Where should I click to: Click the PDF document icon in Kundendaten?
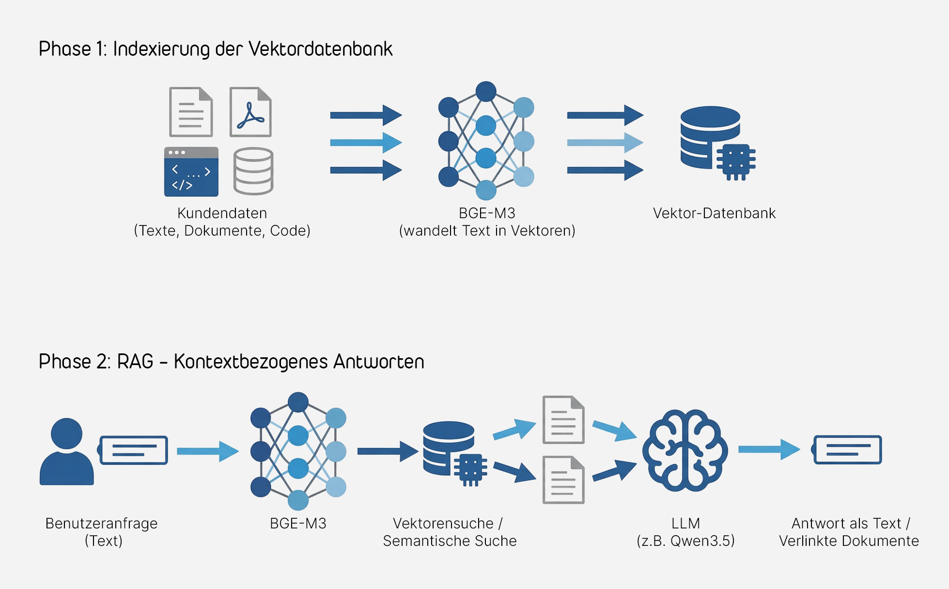pyautogui.click(x=250, y=112)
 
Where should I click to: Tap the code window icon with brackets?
pyautogui.click(x=191, y=172)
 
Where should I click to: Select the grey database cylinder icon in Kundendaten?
pyautogui.click(x=253, y=171)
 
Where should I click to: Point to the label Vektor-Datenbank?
pyautogui.click(x=714, y=213)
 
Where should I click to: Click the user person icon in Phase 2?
pyautogui.click(x=67, y=452)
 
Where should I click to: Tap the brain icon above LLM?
pyautogui.click(x=685, y=450)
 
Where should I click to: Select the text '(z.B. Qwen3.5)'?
pyautogui.click(x=685, y=541)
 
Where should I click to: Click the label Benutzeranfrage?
pyautogui.click(x=101, y=524)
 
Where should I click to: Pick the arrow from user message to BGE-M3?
pyautogui.click(x=207, y=451)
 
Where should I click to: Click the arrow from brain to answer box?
pyautogui.click(x=768, y=449)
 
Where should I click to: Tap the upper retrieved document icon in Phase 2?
pyautogui.click(x=563, y=420)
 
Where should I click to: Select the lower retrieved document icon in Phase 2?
pyautogui.click(x=563, y=480)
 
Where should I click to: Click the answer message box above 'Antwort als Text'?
pyautogui.click(x=847, y=449)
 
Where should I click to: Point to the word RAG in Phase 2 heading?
pyautogui.click(x=135, y=362)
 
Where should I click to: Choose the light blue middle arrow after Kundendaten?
pyautogui.click(x=365, y=143)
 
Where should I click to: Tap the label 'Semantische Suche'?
pyautogui.click(x=450, y=541)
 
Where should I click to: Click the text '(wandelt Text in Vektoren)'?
pyautogui.click(x=487, y=231)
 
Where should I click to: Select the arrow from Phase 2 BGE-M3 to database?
pyautogui.click(x=387, y=451)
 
